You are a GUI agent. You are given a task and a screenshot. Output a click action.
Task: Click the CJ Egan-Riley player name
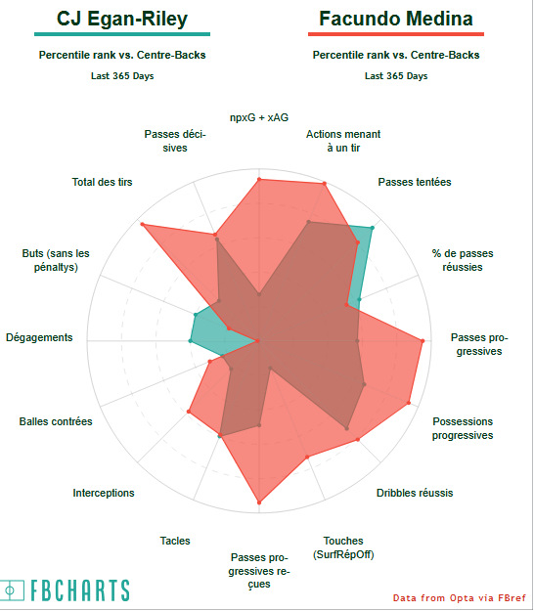[122, 19]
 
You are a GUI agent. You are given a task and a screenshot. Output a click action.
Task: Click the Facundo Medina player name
[396, 19]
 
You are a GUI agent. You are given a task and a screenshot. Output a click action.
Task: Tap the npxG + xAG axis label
[259, 117]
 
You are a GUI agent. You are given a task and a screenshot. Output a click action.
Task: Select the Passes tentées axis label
[415, 182]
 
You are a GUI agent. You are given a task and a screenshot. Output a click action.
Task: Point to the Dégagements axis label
[39, 337]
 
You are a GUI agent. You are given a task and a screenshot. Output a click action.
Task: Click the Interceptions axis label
[104, 493]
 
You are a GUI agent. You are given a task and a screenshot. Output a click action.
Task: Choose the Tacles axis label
[175, 541]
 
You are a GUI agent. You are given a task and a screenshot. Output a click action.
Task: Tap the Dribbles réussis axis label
[415, 493]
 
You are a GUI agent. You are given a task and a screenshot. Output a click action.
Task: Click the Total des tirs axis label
[102, 182]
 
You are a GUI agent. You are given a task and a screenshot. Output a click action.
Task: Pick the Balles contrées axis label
[56, 421]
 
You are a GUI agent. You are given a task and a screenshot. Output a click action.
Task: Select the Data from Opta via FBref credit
[459, 597]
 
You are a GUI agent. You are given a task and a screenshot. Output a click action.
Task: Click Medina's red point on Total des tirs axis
[142, 224]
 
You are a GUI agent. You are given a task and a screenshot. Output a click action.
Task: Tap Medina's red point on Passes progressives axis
[423, 341]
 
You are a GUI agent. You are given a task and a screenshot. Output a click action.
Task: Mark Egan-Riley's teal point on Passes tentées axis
[373, 228]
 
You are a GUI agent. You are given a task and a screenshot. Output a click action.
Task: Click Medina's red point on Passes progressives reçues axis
[259, 502]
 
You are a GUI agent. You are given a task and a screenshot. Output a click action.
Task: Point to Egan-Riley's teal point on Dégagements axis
[190, 341]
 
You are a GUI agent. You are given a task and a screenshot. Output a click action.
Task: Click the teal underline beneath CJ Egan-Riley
[122, 34]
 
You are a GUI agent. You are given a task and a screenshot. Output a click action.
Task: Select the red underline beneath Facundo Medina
[396, 34]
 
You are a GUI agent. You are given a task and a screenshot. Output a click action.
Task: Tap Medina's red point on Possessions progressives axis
[409, 403]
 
